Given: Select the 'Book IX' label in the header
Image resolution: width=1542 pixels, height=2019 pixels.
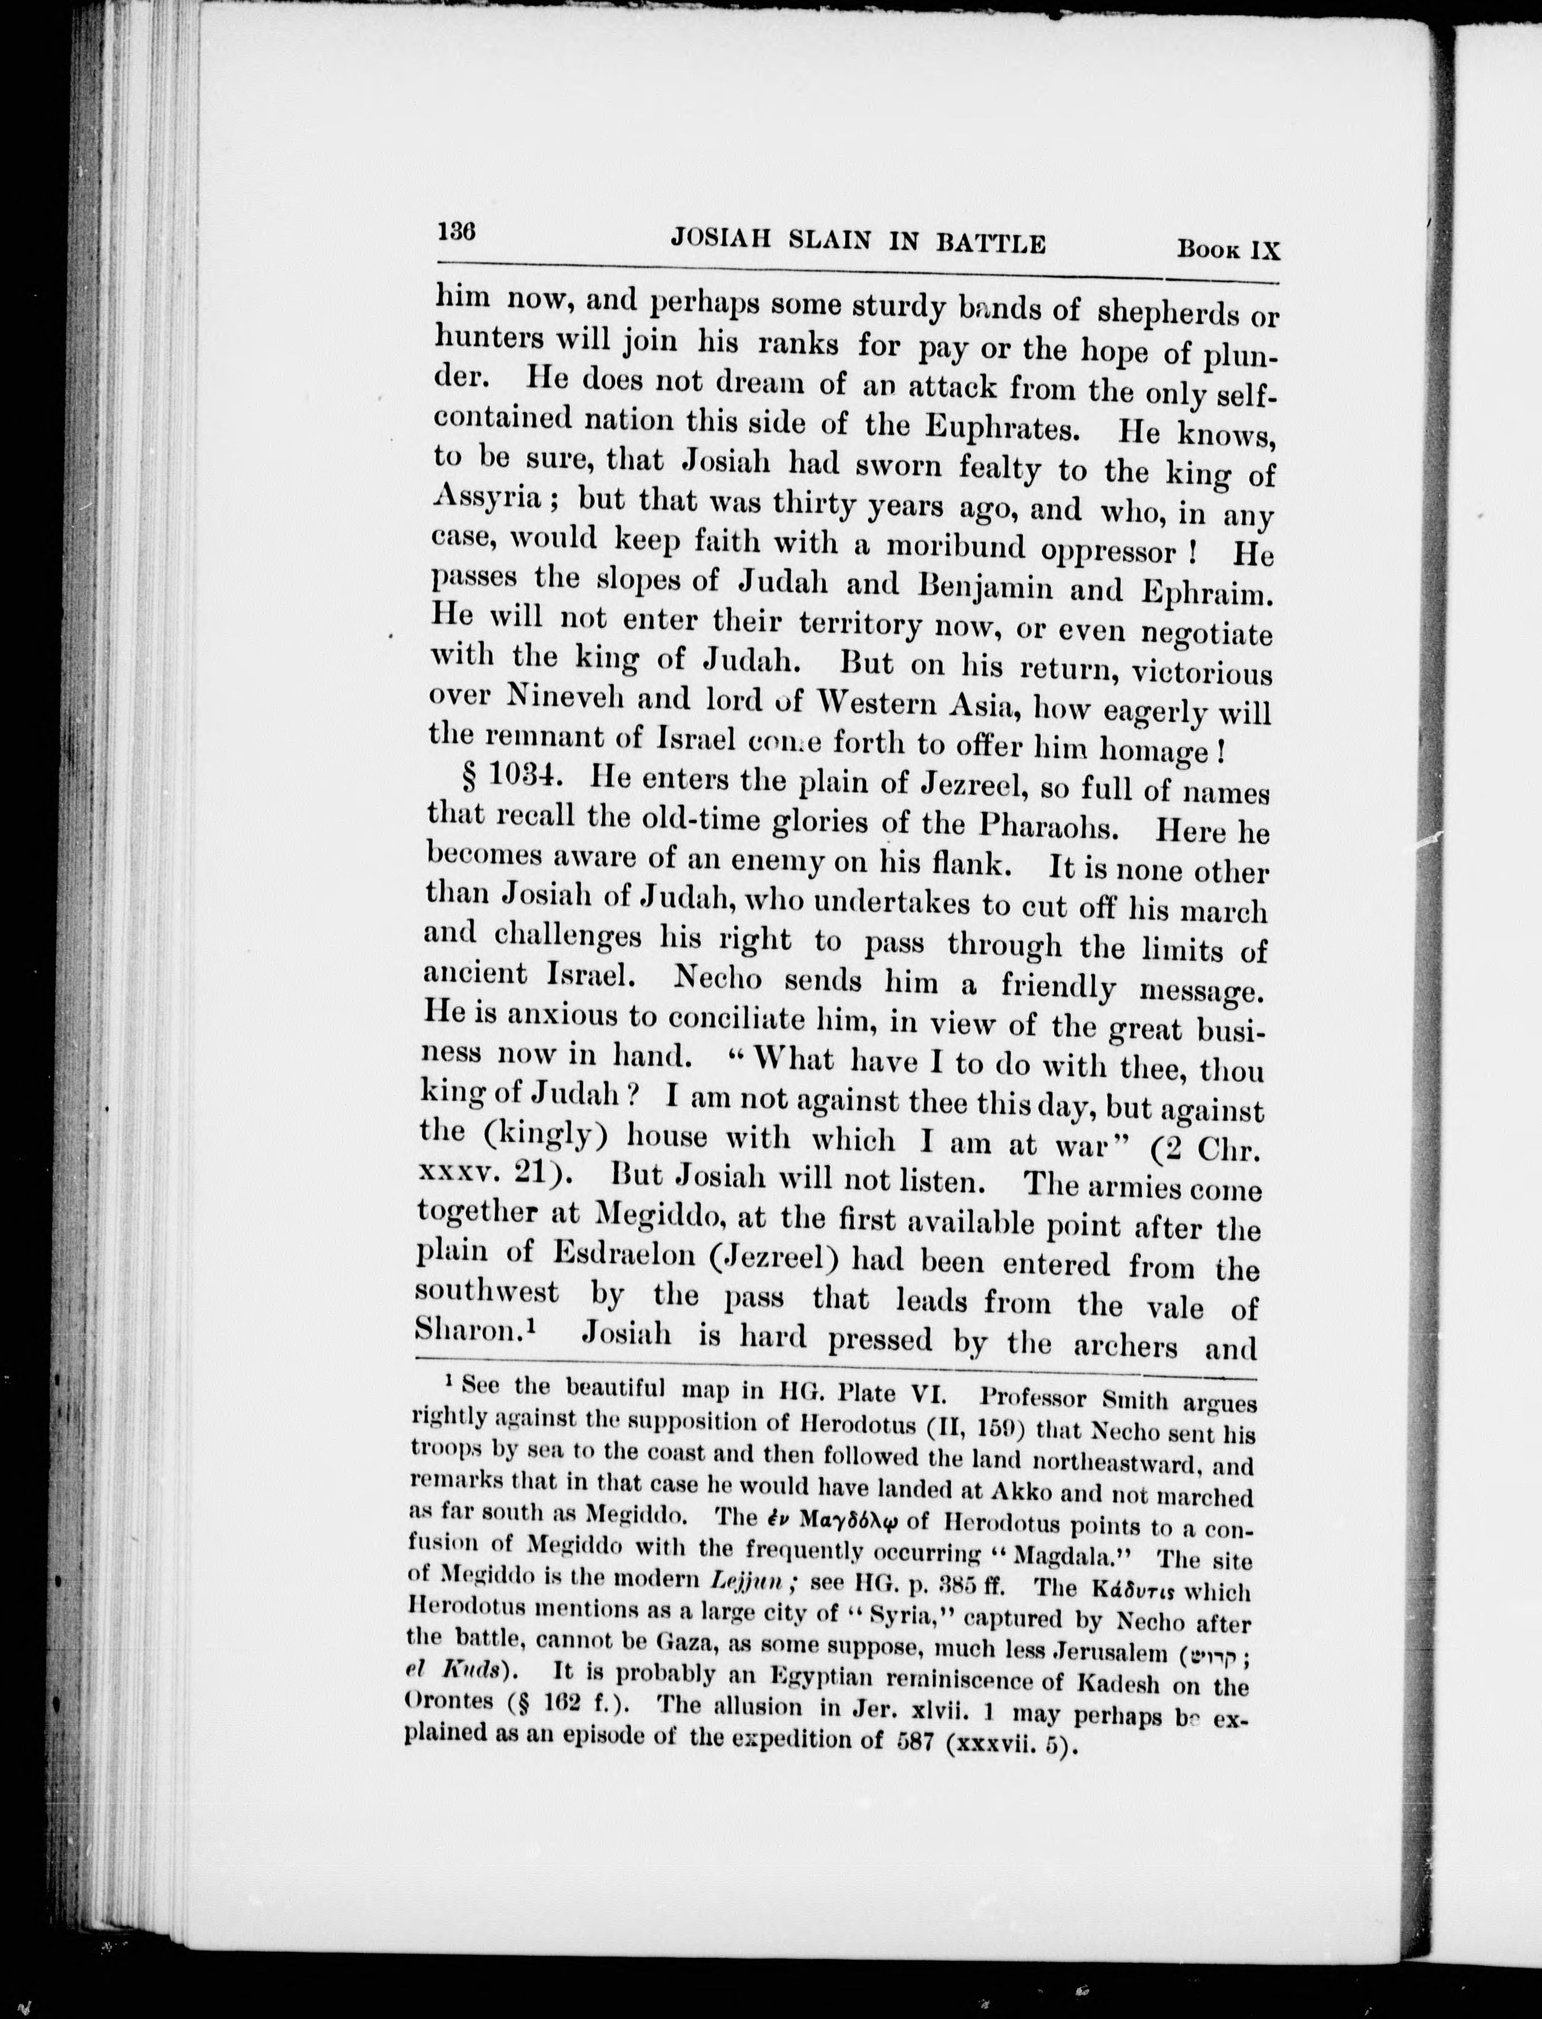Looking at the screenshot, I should click(x=1228, y=249).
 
